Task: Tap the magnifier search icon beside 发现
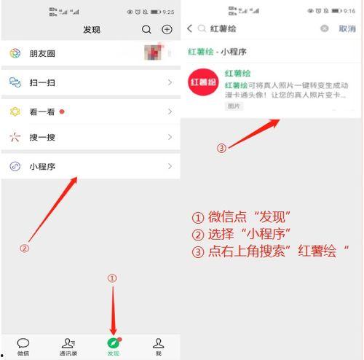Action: tap(147, 29)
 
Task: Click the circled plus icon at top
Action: tap(167, 29)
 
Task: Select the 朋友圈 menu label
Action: tap(42, 54)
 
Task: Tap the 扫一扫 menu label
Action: tap(42, 83)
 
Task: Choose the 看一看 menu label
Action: tap(42, 111)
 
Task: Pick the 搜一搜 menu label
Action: tap(42, 137)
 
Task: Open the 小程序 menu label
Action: tap(42, 166)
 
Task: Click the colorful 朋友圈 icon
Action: tap(15, 54)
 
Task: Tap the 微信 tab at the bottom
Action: tap(23, 345)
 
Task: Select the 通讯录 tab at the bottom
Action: tap(68, 345)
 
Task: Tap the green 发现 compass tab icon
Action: tap(113, 343)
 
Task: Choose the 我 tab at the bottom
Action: tap(158, 345)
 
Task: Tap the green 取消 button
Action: tap(347, 28)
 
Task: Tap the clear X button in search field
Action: tap(325, 28)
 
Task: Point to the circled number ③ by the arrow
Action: tap(222, 148)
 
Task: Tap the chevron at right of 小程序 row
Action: tap(170, 166)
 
